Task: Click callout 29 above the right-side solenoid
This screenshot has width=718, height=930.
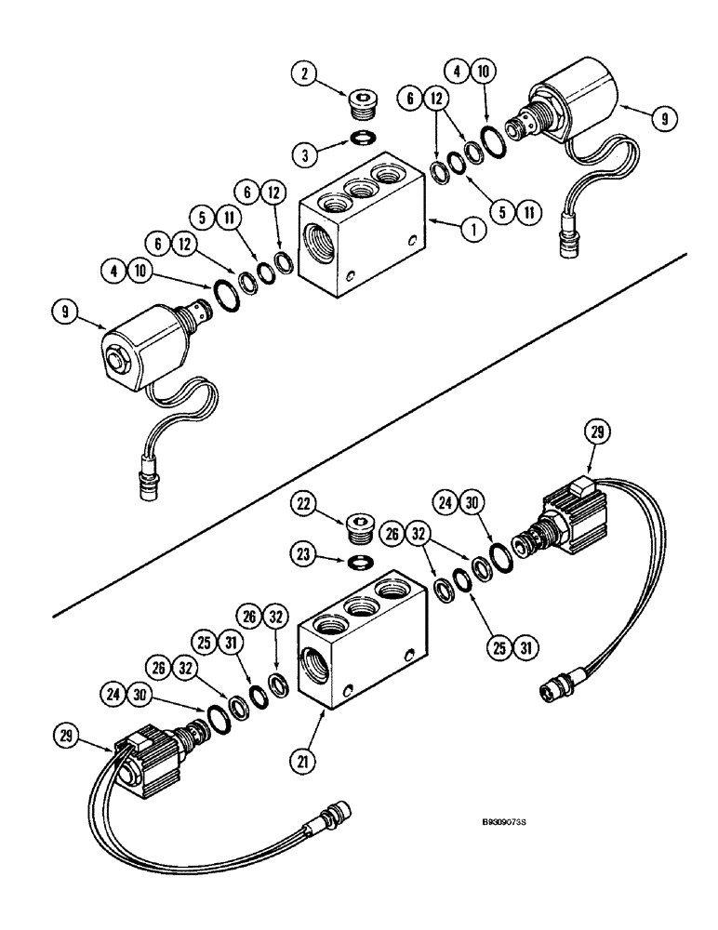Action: (595, 432)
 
